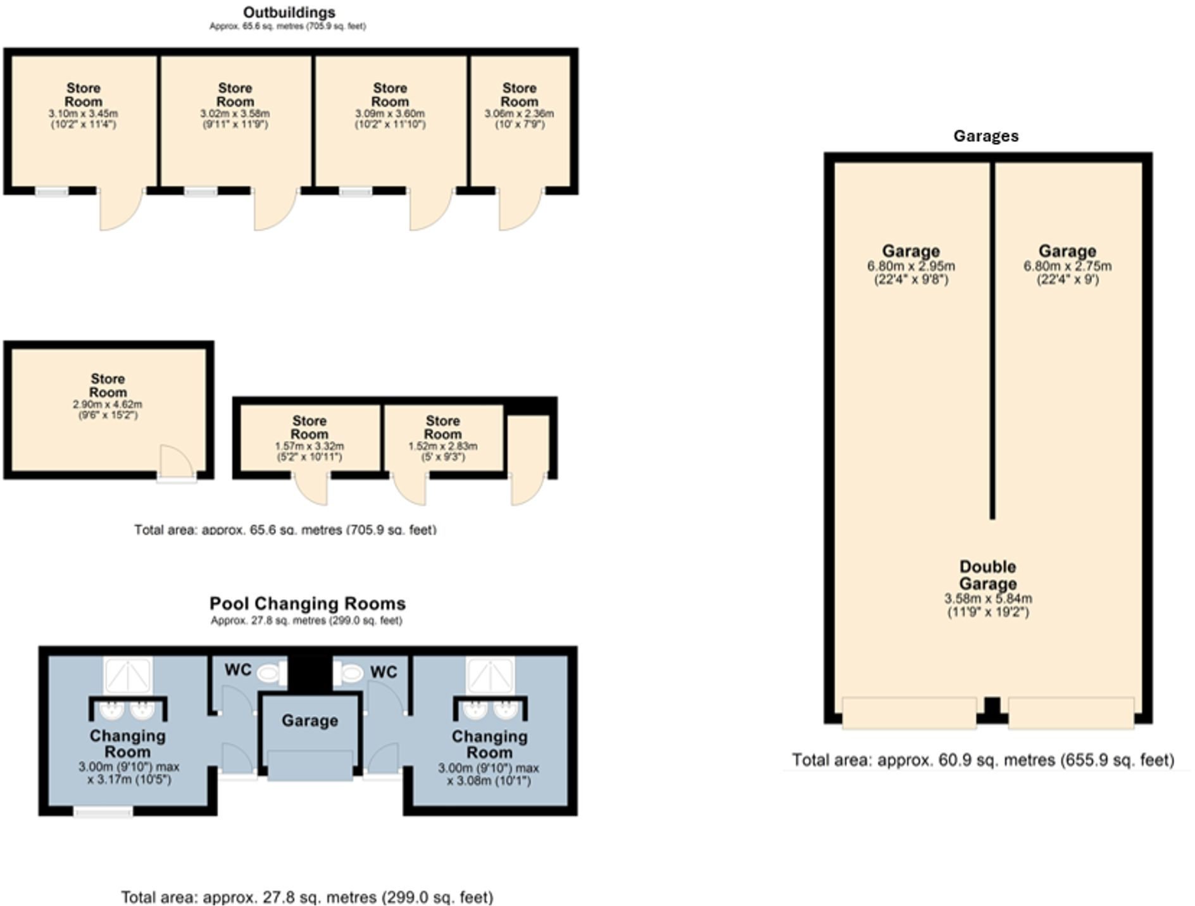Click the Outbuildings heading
coord(289,12)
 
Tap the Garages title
coord(985,136)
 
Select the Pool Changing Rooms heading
coord(307,604)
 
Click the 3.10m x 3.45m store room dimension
coord(83,114)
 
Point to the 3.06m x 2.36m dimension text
coord(519,114)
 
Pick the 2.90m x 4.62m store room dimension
coord(107,404)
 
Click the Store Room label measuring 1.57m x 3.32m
coord(310,428)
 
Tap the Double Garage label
coord(988,575)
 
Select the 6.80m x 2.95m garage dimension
coord(911,266)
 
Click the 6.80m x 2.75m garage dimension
coord(1067,266)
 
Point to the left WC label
coord(237,669)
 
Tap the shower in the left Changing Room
coord(128,676)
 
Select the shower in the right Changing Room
coord(491,676)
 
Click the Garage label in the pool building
coord(310,721)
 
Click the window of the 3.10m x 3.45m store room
coord(52,191)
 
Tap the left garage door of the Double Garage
coord(910,713)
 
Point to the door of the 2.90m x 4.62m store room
coord(176,462)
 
